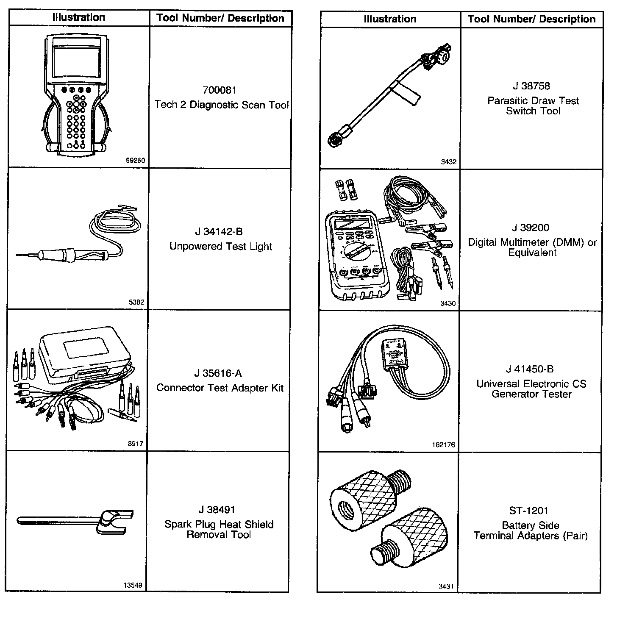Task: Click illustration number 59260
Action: tap(136, 161)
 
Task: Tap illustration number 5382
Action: tap(136, 302)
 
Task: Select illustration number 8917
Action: tap(136, 444)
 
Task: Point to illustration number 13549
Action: tap(133, 585)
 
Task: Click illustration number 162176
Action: tap(445, 445)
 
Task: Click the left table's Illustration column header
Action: tap(79, 17)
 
